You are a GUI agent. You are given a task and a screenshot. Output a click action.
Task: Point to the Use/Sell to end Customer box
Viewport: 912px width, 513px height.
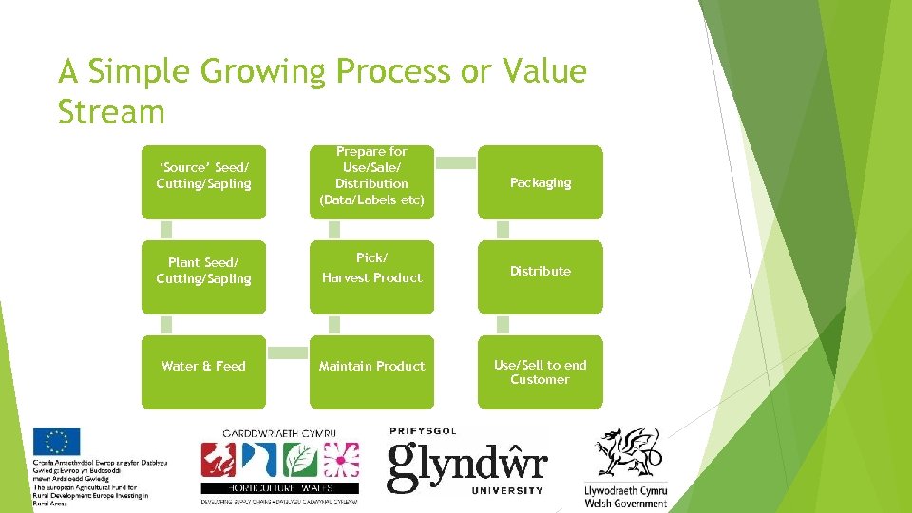540,371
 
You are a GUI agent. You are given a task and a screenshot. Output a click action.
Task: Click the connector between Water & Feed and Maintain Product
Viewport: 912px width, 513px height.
287,352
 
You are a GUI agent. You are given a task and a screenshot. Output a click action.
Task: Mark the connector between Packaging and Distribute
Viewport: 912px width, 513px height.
503,230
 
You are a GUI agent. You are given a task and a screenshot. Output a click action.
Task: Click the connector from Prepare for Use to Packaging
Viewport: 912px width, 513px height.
455,162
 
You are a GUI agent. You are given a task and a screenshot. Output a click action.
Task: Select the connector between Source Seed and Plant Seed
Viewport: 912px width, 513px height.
167,230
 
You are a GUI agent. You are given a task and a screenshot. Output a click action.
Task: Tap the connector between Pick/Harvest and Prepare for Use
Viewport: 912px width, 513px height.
334,230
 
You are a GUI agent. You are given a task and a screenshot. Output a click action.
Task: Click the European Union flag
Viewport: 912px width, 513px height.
56,442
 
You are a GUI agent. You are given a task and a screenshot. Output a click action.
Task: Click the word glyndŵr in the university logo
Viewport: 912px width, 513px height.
466,465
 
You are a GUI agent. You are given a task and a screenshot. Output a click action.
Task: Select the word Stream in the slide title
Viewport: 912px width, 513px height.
111,111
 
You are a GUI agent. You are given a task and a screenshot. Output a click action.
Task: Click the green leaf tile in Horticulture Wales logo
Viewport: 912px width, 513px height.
300,461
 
